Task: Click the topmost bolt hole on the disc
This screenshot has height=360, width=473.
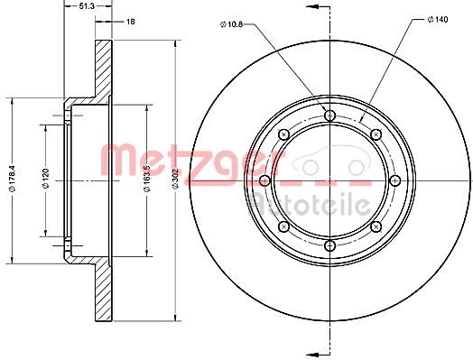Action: pos(329,115)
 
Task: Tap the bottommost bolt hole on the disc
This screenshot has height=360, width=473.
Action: pos(329,244)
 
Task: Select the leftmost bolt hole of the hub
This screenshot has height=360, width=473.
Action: pos(264,180)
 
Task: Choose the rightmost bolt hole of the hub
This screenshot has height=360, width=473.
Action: pos(394,180)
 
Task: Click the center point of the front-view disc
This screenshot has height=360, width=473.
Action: pos(329,180)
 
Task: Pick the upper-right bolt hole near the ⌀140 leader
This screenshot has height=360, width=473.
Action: pos(374,134)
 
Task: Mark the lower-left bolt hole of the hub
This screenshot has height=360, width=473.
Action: pos(283,226)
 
